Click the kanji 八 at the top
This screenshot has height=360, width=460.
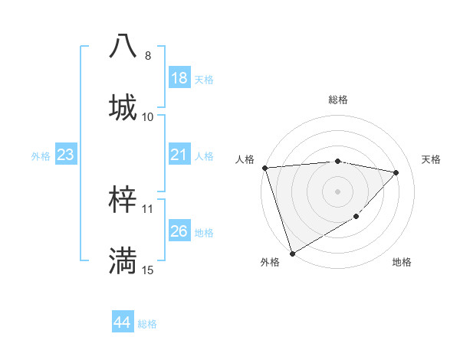(124, 46)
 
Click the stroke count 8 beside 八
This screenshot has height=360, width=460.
(148, 56)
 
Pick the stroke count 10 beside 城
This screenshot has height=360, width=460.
(148, 116)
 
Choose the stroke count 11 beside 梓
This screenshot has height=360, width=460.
(148, 209)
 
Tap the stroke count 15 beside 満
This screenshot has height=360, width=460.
(148, 270)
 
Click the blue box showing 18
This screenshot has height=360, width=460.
(179, 78)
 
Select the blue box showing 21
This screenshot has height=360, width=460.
(179, 155)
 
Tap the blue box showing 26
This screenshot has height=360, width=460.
(179, 231)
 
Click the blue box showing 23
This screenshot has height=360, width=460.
(65, 155)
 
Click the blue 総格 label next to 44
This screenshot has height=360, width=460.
(147, 324)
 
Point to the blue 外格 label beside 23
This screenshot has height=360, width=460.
(41, 155)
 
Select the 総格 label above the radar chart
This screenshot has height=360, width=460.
(338, 100)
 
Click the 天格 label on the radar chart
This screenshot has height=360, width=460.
(431, 159)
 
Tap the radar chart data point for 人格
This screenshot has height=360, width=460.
(264, 168)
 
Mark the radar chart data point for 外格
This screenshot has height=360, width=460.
(292, 254)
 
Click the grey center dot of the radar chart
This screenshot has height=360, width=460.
(338, 191)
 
